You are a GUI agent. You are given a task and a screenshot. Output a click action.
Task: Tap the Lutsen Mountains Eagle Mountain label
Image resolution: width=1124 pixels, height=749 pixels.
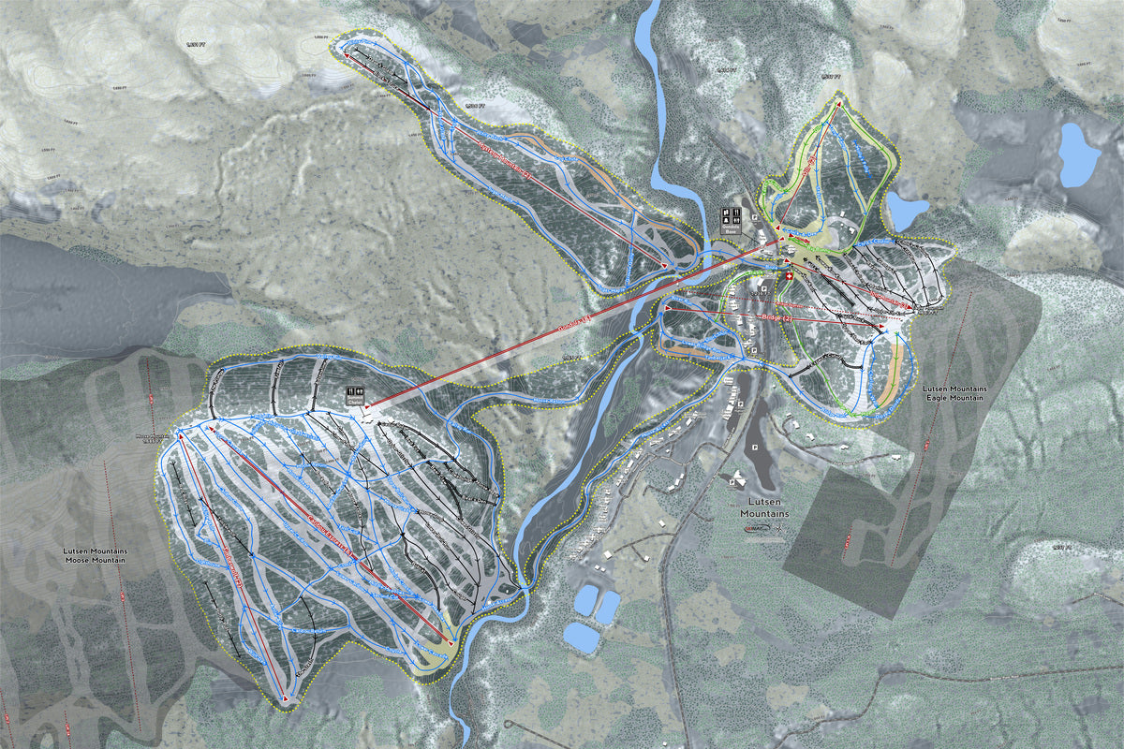(x=951, y=392)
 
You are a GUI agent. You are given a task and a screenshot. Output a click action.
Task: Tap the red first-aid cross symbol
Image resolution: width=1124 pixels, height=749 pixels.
(x=787, y=280)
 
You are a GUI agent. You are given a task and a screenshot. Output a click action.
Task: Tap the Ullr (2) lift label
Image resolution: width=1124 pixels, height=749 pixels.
(x=811, y=163)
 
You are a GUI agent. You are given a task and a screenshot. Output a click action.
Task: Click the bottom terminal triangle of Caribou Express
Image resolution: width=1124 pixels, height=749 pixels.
(x=451, y=643)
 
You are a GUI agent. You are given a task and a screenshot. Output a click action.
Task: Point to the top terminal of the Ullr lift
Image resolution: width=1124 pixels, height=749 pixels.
(x=839, y=96)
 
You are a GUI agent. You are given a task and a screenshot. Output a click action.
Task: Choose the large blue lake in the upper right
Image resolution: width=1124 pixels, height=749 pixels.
(x=1078, y=154)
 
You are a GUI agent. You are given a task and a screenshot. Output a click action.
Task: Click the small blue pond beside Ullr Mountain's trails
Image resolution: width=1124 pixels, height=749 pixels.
(x=906, y=211)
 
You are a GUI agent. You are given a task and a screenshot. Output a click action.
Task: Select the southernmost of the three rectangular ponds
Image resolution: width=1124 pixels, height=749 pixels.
(x=582, y=638)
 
